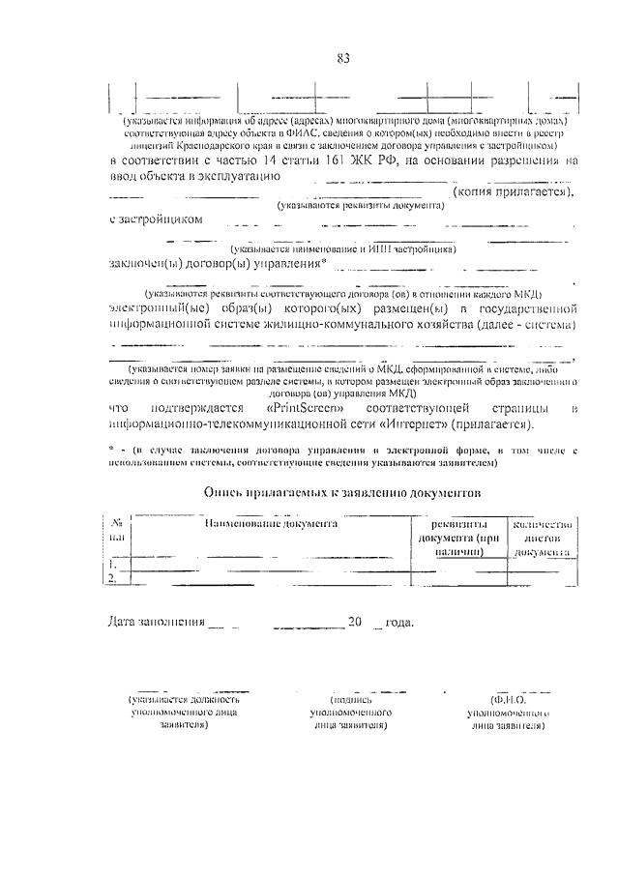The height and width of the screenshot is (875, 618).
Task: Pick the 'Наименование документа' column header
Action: [x=270, y=523]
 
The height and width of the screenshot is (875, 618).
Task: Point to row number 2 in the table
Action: [x=114, y=577]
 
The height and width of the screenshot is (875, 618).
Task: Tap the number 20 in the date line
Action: [x=355, y=622]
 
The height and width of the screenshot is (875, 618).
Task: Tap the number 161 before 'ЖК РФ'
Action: [x=357, y=160]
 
